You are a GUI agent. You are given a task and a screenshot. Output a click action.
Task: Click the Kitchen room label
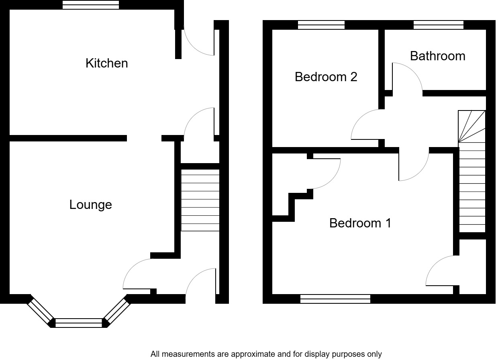click(x=106, y=63)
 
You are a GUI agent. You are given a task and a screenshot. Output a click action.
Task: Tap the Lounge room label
click(x=90, y=205)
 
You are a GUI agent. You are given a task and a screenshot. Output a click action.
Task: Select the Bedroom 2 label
click(x=326, y=77)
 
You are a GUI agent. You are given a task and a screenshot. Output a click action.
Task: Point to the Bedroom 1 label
click(x=360, y=223)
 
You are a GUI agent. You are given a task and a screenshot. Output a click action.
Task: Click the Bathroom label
click(x=437, y=56)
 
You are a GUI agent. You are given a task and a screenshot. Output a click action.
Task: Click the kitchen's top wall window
click(x=91, y=5)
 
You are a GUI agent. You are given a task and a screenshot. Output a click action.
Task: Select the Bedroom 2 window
click(x=321, y=25)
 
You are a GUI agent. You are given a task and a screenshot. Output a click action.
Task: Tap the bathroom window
click(x=439, y=25)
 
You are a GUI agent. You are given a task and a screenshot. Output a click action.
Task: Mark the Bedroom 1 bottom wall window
click(x=335, y=299)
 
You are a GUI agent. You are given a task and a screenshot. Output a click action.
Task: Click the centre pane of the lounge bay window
click(x=79, y=323)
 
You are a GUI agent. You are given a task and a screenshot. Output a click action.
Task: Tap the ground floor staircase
click(x=200, y=200)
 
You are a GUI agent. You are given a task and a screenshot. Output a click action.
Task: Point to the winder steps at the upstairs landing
click(x=472, y=126)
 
